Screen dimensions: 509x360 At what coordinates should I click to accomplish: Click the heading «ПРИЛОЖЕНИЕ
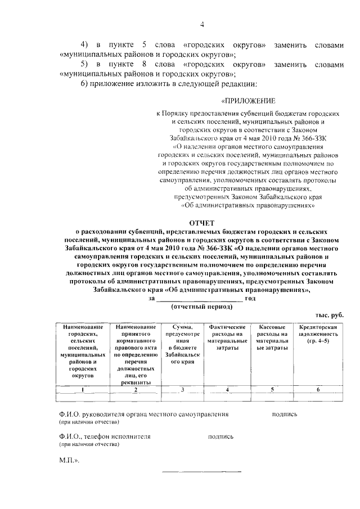coord(247,101)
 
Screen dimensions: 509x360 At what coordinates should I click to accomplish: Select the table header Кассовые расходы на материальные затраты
coord(272,337)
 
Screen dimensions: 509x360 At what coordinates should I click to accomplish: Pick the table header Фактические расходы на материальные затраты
coord(227,337)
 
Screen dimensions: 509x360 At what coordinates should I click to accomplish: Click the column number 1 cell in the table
coord(83,389)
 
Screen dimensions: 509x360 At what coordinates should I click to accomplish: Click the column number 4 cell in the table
coord(227,389)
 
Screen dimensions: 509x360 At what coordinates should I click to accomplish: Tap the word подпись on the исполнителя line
coord(220,436)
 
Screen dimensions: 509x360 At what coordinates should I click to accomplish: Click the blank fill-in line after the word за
coord(200,299)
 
